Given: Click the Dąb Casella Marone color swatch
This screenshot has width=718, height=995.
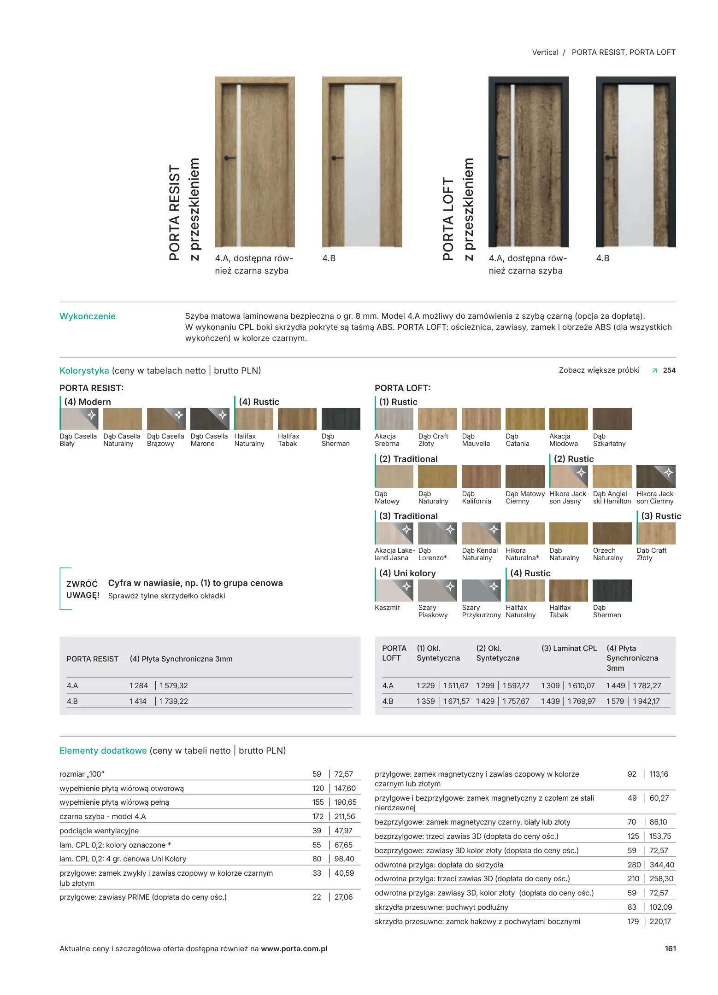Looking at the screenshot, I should [x=209, y=419].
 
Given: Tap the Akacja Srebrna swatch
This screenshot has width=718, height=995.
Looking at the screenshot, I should [x=394, y=419].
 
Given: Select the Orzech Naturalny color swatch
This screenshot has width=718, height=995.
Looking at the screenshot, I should [x=612, y=533].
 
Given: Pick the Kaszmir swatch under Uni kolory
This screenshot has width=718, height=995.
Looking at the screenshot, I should [x=394, y=591].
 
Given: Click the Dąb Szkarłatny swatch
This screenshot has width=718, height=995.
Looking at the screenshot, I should [x=612, y=419].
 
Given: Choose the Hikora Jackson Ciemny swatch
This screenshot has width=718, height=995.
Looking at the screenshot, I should [x=655, y=476].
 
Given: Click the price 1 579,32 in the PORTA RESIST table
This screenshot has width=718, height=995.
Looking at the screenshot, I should [x=174, y=685].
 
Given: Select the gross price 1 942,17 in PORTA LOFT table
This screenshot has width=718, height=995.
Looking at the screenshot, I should [x=646, y=701].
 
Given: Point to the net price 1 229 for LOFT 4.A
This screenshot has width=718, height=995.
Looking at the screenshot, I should [x=425, y=685].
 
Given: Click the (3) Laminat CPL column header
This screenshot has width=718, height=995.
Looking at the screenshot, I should [x=569, y=648].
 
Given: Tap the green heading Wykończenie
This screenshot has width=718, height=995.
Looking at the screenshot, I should [x=88, y=316].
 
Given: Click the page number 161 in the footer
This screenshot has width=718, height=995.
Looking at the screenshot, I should [x=670, y=948].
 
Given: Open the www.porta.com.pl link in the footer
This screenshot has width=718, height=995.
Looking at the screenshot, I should [x=294, y=948].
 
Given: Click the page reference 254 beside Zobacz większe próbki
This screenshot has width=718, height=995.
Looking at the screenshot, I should [x=669, y=370].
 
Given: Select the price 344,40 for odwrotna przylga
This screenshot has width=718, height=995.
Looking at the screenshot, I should [x=662, y=865].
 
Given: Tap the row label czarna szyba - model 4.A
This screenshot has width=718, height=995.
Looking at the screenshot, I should [x=102, y=816].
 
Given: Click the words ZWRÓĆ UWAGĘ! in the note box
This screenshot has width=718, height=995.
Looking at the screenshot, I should [x=82, y=590].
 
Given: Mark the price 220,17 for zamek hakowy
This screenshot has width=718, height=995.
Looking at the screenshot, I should [x=660, y=921].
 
